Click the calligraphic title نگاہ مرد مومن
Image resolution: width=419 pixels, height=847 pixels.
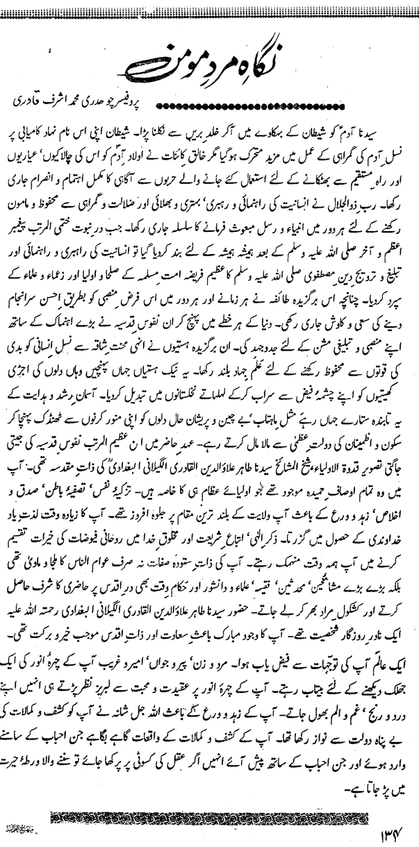pyautogui.click(x=209, y=63)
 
